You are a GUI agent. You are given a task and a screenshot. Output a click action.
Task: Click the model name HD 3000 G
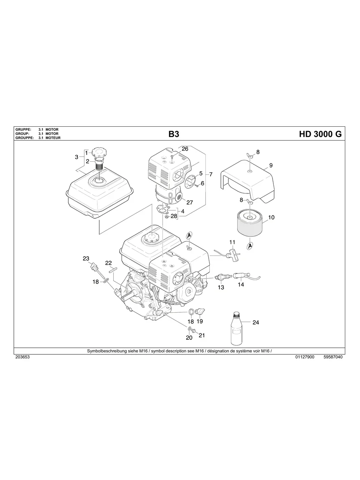click(320, 134)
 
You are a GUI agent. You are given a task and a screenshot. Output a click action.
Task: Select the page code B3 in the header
click(174, 134)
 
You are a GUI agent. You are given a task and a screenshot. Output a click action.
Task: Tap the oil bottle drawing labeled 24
click(236, 328)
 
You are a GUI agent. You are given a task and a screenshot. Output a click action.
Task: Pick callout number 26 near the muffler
click(185, 149)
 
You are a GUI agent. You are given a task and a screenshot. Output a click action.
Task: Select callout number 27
click(190, 202)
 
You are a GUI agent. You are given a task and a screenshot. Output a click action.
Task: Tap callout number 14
click(241, 285)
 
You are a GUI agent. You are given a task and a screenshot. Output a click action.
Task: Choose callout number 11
click(232, 242)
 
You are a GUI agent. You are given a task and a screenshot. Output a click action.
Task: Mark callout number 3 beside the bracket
click(76, 157)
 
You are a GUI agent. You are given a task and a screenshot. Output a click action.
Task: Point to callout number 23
click(86, 258)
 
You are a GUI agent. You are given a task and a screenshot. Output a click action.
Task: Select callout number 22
click(108, 263)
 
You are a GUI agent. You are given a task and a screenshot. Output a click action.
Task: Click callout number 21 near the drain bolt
click(201, 335)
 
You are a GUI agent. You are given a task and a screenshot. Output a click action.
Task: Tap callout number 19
click(200, 321)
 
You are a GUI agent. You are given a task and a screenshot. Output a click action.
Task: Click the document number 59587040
click(333, 357)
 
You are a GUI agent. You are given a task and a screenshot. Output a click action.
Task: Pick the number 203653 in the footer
click(23, 357)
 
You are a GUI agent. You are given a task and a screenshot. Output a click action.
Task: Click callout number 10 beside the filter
click(271, 217)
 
